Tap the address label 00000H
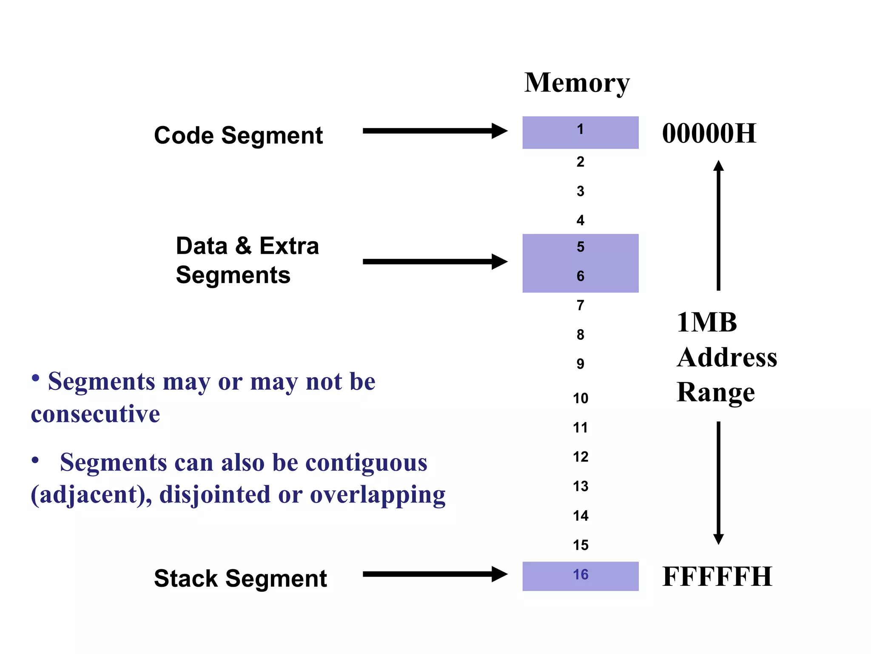click(x=709, y=133)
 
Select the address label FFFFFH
click(x=717, y=577)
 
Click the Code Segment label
click(x=238, y=135)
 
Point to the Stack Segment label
click(x=240, y=578)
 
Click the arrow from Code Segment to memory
click(x=434, y=131)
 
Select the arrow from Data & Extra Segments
click(x=434, y=261)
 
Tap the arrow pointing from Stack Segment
click(x=434, y=574)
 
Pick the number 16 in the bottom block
click(x=581, y=575)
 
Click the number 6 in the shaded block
click(x=581, y=276)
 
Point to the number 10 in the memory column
click(x=581, y=399)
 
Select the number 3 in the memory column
click(x=581, y=191)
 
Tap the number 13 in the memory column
click(x=581, y=486)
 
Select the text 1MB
click(x=707, y=322)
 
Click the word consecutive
click(x=95, y=414)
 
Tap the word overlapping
click(x=378, y=495)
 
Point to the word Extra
click(x=289, y=246)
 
